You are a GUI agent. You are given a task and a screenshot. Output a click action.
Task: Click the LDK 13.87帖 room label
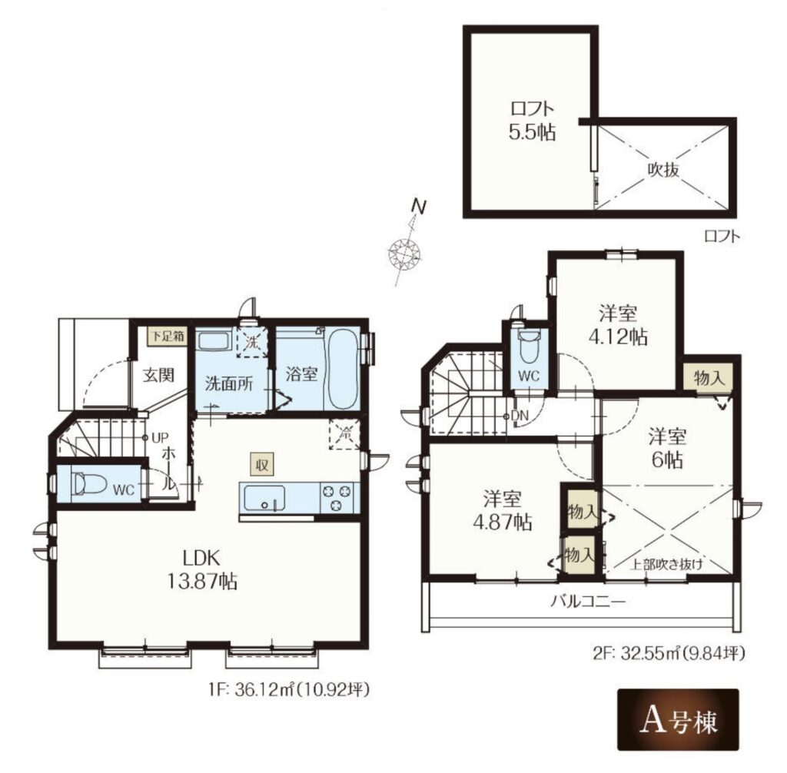tap(202, 569)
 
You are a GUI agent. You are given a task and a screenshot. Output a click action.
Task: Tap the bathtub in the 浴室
tap(343, 370)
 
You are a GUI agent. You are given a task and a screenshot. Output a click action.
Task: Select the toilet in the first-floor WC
tap(89, 484)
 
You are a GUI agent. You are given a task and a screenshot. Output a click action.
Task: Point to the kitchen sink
tap(264, 498)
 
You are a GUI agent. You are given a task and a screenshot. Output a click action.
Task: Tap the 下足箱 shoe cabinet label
tap(168, 336)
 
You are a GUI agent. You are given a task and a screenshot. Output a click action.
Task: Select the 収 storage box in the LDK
tap(262, 465)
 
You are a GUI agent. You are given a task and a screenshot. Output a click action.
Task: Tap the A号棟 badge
tap(678, 719)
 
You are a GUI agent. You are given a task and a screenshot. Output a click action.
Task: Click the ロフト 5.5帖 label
tap(532, 121)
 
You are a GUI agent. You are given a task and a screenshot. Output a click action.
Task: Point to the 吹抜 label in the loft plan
tap(662, 171)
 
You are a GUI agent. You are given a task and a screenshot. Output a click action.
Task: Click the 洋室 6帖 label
tap(667, 447)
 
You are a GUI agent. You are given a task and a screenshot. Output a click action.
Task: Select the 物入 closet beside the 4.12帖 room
tap(709, 377)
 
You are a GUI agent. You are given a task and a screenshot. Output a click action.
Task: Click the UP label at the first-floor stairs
tap(160, 438)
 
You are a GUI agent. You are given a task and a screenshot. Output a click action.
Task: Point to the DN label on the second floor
tap(520, 416)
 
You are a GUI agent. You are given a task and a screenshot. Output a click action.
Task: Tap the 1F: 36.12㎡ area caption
tap(289, 691)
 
